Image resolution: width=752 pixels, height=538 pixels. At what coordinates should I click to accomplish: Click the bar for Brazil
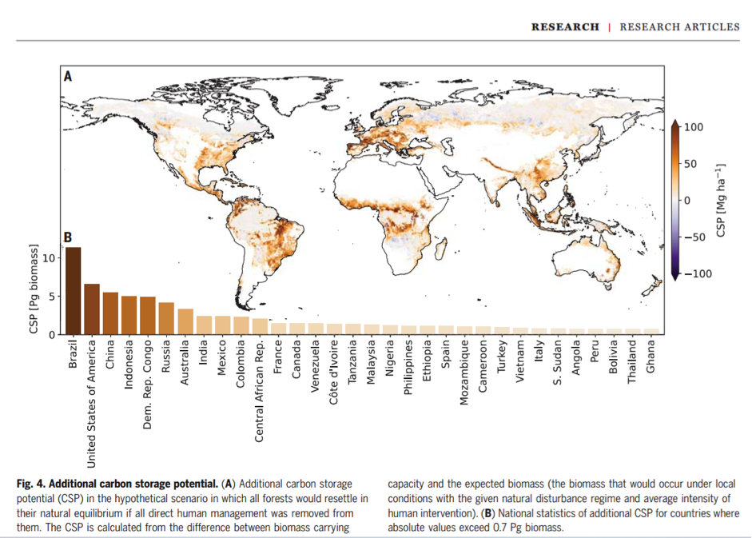[74, 291]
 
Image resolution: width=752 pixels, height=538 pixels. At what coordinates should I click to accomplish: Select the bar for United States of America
[92, 309]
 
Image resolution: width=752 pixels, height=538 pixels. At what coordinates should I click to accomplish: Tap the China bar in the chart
[111, 313]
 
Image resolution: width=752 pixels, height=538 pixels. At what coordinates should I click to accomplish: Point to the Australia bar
[185, 321]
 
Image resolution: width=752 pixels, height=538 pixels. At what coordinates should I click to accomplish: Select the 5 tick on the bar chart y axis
[52, 296]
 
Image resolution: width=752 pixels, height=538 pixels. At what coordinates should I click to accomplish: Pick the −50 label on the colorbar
[694, 237]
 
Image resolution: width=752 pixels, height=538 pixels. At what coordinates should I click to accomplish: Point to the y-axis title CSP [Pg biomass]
[34, 293]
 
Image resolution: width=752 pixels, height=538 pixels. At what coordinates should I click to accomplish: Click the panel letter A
[69, 77]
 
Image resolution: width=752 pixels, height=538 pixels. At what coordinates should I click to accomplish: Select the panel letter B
[69, 237]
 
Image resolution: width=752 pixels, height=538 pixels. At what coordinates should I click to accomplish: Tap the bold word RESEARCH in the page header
[565, 27]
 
